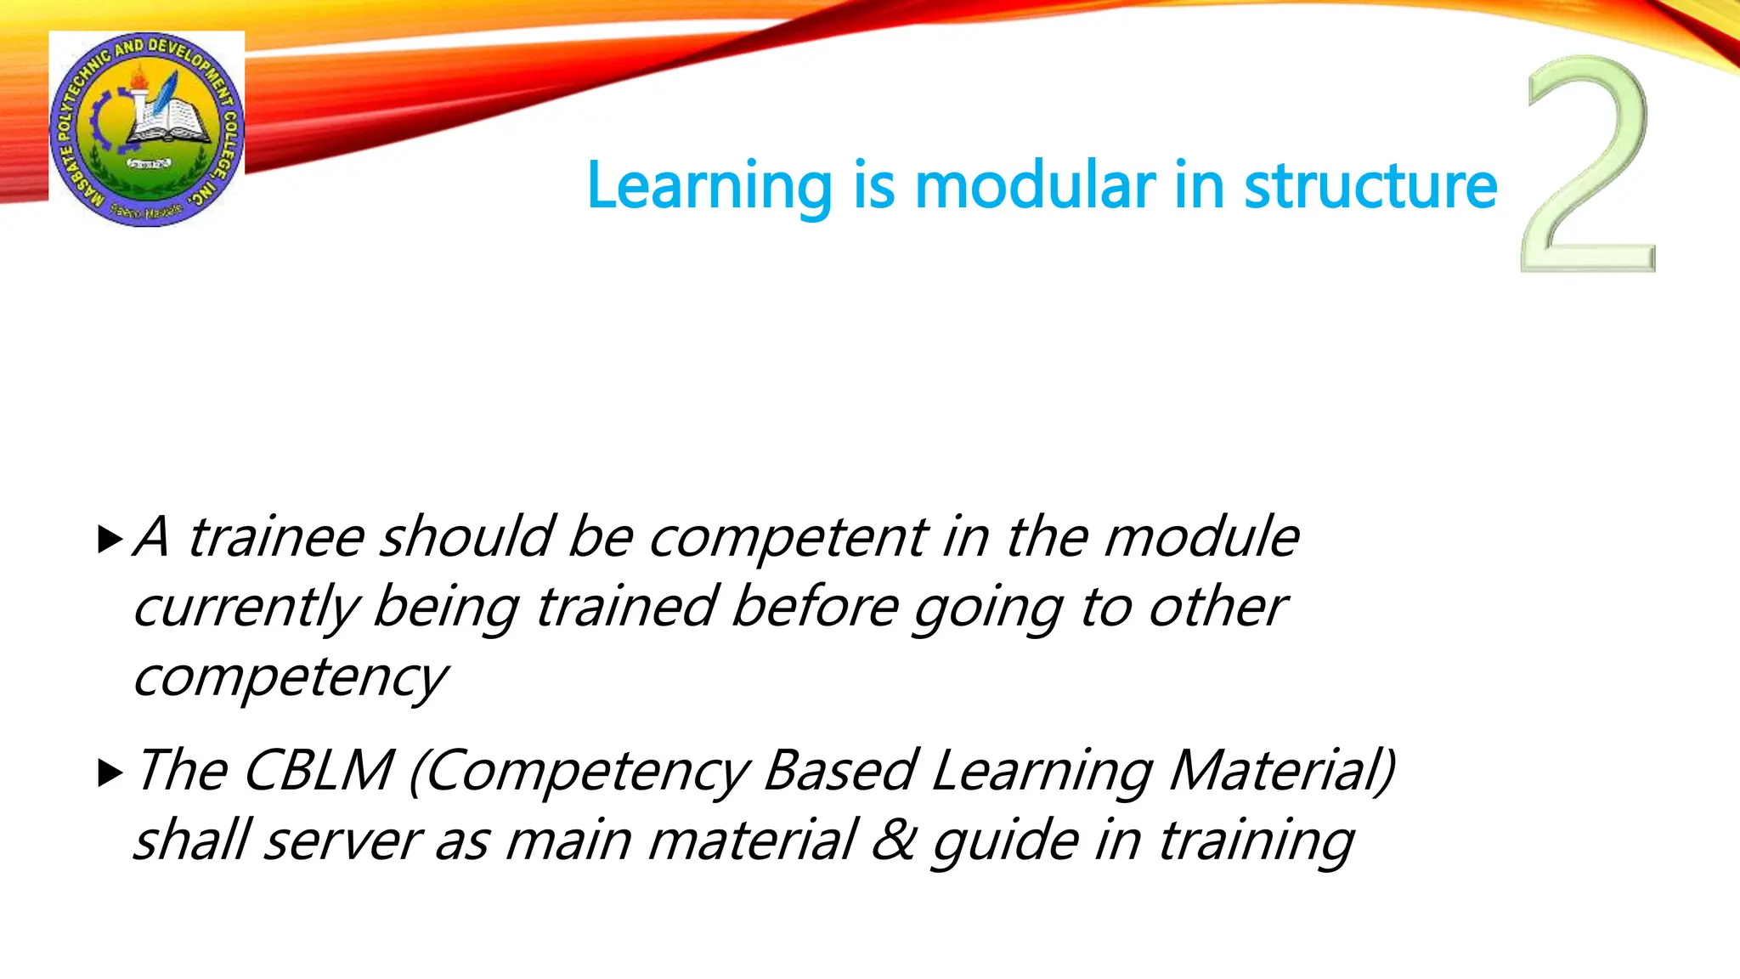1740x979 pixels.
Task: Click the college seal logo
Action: click(x=147, y=129)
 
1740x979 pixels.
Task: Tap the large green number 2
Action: click(x=1587, y=166)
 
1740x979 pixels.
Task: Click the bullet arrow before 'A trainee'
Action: click(x=110, y=539)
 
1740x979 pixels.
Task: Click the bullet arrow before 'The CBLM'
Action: click(x=110, y=772)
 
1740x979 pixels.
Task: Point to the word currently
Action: click(x=246, y=608)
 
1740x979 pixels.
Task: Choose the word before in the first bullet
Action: click(x=814, y=607)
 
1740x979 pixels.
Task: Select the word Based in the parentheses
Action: click(x=839, y=771)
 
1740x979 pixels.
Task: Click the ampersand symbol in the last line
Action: click(x=893, y=840)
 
